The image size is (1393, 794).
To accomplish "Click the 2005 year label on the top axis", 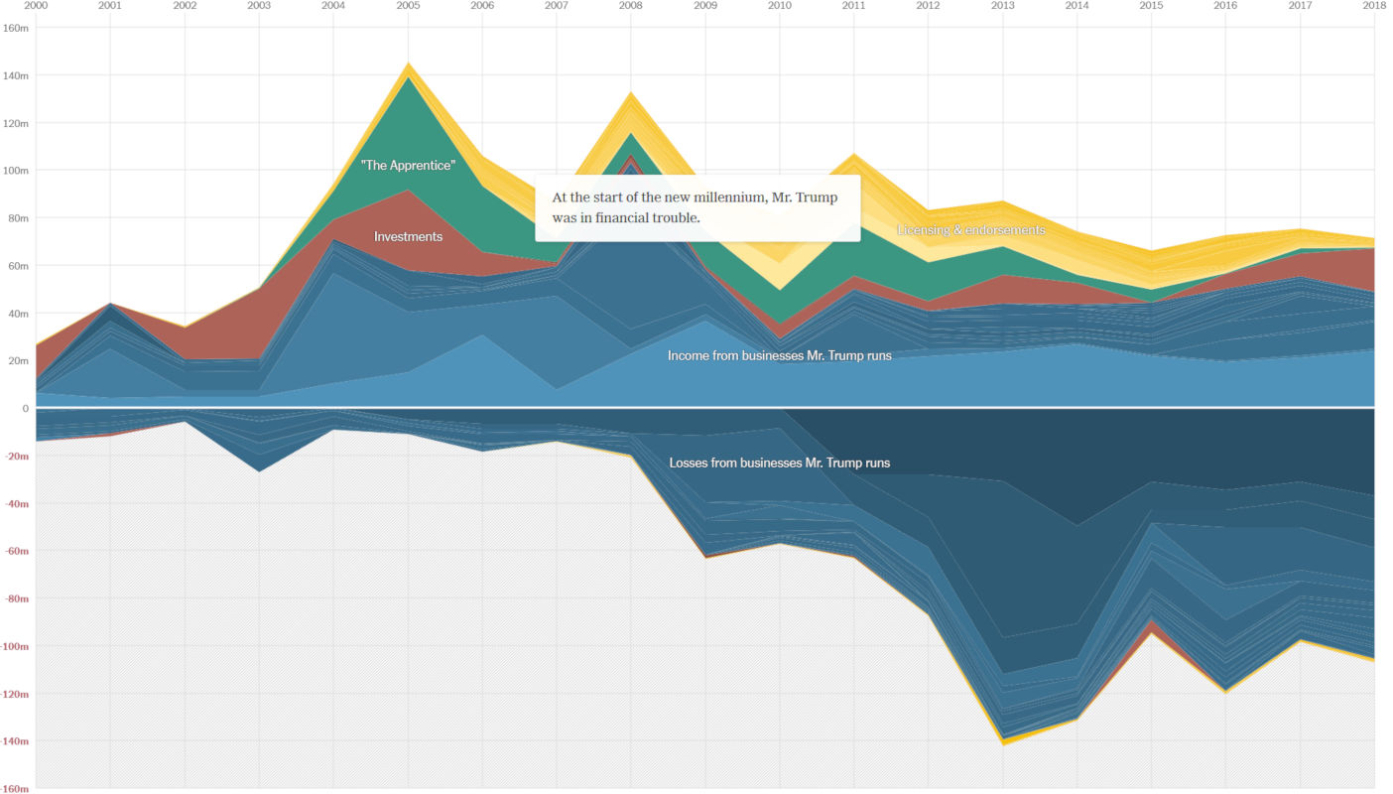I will [x=407, y=6].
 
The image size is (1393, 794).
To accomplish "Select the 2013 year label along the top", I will [x=1002, y=6].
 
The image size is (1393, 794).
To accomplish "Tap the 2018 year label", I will [x=1374, y=6].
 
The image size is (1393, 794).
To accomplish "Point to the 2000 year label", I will [x=36, y=6].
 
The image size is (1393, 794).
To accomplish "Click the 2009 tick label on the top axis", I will [x=704, y=6].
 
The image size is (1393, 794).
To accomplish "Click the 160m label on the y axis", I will [x=17, y=28].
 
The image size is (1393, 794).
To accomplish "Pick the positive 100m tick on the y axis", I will [x=17, y=171].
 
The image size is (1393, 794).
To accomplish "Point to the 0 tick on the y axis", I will [x=25, y=408].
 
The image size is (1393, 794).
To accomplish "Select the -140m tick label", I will [x=15, y=741].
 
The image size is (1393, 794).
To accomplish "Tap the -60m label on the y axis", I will [x=17, y=551].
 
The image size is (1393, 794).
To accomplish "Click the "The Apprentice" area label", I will [x=408, y=166].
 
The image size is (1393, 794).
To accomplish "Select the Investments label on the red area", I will [x=408, y=237].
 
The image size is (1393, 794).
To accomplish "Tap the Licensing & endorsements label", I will [x=970, y=230].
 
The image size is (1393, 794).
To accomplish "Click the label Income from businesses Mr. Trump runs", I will [x=779, y=355].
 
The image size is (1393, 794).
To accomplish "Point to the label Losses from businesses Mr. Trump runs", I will [x=779, y=463].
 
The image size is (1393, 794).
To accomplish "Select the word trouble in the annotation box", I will [x=675, y=217].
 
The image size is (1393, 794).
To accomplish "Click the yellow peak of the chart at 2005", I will [x=407, y=65].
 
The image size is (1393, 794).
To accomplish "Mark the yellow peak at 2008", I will [x=630, y=94].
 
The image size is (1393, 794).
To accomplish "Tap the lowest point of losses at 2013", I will [x=1002, y=743].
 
